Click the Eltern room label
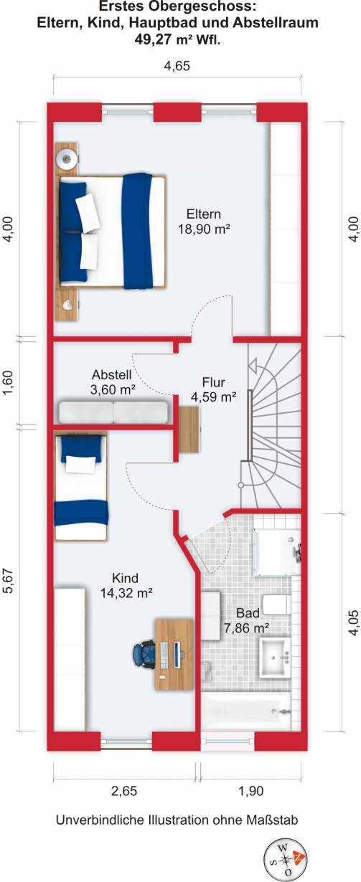coord(203,214)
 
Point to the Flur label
coord(213,381)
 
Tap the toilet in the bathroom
coord(275,604)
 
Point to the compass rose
coord(283,858)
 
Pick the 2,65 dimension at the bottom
coord(123,791)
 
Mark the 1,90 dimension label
coord(250,791)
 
